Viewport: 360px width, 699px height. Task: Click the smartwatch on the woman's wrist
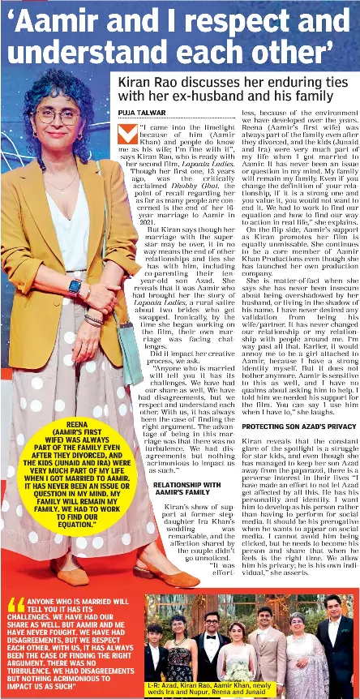[75, 288]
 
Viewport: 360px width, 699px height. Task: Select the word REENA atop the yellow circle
[77, 424]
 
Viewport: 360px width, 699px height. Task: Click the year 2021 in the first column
[147, 221]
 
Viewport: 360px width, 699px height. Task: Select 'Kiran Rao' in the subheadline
[149, 83]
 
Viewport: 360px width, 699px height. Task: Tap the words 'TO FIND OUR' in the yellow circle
[77, 517]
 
